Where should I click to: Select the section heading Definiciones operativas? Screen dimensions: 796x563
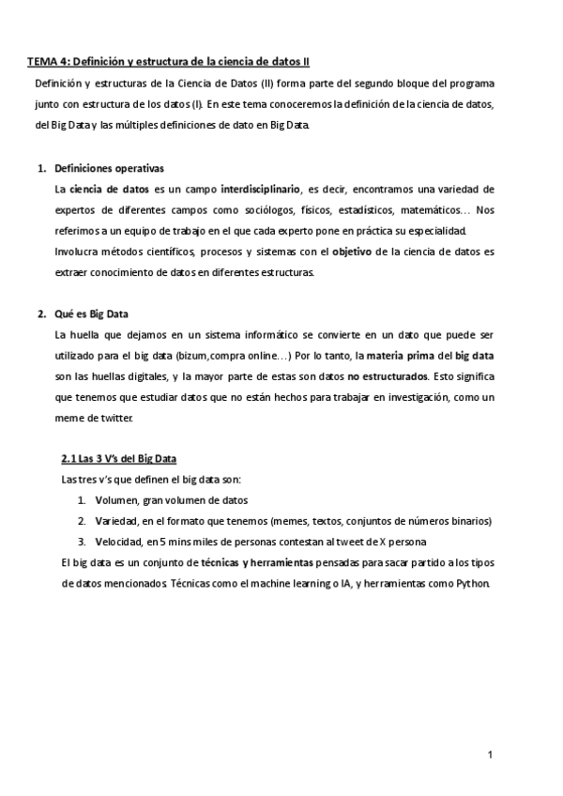coord(110,168)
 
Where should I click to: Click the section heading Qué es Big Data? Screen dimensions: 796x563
coord(92,314)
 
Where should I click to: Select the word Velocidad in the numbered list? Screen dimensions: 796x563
coord(118,542)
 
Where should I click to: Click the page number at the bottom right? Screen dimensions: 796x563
coord(490,754)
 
